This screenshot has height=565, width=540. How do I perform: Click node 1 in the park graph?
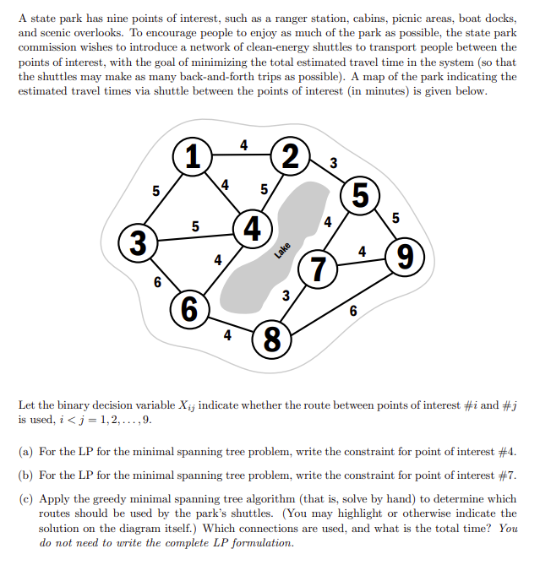coord(194,157)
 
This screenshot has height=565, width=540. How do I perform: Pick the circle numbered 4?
coord(251,229)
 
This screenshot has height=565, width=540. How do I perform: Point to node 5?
coord(361,194)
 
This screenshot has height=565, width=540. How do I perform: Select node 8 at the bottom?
coord(271,340)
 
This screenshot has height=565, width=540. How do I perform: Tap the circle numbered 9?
coord(404,255)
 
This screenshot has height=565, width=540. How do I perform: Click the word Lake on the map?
coord(282,250)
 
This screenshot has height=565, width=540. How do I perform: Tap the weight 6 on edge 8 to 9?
coord(353,311)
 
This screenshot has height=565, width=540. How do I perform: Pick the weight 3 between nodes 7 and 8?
coord(286,296)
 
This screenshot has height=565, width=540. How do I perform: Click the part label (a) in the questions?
coord(25,453)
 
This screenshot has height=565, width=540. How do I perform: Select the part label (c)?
coord(25,498)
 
